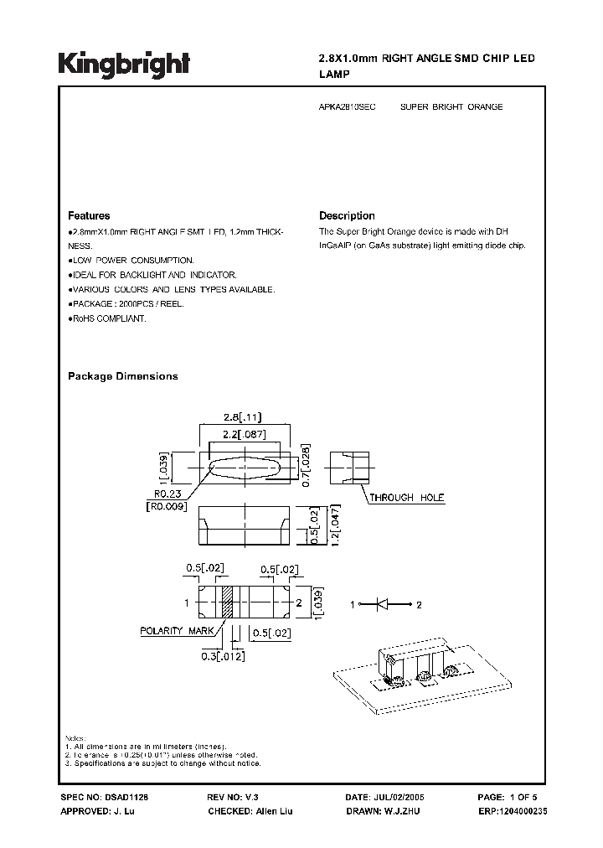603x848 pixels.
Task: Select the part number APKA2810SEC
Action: click(x=348, y=107)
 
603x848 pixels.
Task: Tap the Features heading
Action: click(x=89, y=215)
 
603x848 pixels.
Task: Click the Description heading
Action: click(x=347, y=215)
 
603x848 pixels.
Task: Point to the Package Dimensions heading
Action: click(x=122, y=376)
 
